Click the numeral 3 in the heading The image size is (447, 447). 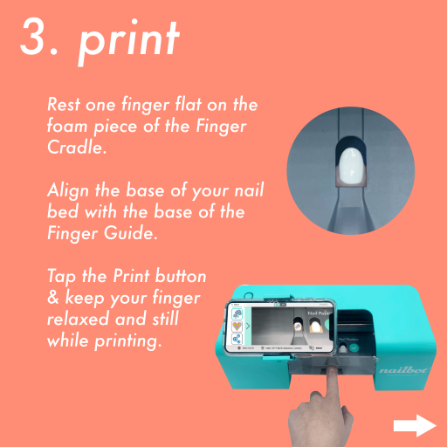(x=34, y=36)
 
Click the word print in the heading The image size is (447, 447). (x=129, y=42)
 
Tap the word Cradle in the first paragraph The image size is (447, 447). (x=75, y=147)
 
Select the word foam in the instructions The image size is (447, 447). (x=67, y=126)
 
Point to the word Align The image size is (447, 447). (x=68, y=191)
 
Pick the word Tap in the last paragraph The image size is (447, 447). (x=62, y=277)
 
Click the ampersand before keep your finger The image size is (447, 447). (x=53, y=298)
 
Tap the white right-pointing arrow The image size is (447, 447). (x=415, y=425)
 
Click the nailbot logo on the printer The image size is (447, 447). (x=402, y=370)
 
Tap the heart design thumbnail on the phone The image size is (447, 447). (x=237, y=326)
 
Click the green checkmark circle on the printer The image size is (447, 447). (x=354, y=348)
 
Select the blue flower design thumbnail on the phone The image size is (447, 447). (x=237, y=313)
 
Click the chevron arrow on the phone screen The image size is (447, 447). (x=248, y=326)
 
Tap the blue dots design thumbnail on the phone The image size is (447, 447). (x=237, y=339)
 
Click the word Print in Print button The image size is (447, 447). (x=131, y=275)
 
